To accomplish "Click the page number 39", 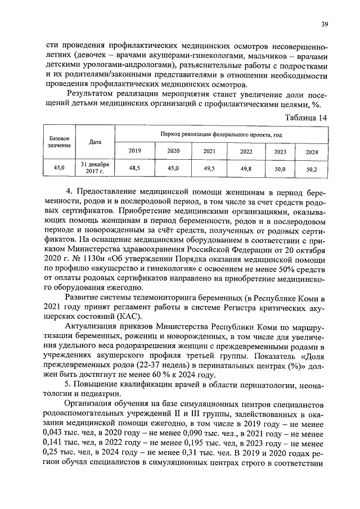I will pyautogui.click(x=325, y=24).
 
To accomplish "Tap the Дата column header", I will pyautogui.click(x=95, y=142).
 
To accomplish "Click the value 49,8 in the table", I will pyautogui.click(x=246, y=168).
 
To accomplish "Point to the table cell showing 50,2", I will pyautogui.click(x=311, y=168).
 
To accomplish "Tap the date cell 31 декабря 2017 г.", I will pyautogui.click(x=95, y=168).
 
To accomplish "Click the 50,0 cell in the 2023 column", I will pyautogui.click(x=280, y=168).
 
